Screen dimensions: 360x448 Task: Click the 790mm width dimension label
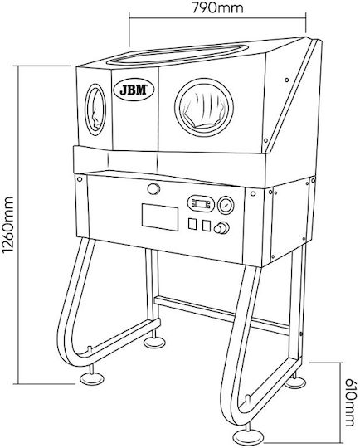tap(217, 7)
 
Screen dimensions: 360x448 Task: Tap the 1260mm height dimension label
tap(7, 225)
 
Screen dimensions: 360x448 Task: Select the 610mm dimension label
tap(351, 403)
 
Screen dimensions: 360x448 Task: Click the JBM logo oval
tap(134, 90)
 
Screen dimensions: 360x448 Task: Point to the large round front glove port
tap(204, 107)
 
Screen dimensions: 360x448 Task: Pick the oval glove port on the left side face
tap(95, 110)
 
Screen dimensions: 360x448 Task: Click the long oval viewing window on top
tap(177, 54)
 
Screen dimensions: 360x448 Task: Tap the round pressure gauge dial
tap(226, 205)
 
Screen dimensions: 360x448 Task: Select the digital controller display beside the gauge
tap(201, 204)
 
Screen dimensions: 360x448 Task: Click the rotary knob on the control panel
tap(221, 228)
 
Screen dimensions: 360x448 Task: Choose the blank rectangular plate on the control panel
tap(160, 217)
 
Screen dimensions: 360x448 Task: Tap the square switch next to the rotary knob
tap(207, 226)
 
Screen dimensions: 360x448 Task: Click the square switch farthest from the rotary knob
tap(192, 224)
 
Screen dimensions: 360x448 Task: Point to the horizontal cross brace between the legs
tap(221, 315)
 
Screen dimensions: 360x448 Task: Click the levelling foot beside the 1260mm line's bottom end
tap(92, 377)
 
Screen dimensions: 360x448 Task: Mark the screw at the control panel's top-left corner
tap(80, 179)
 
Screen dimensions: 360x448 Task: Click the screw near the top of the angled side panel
tap(287, 80)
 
